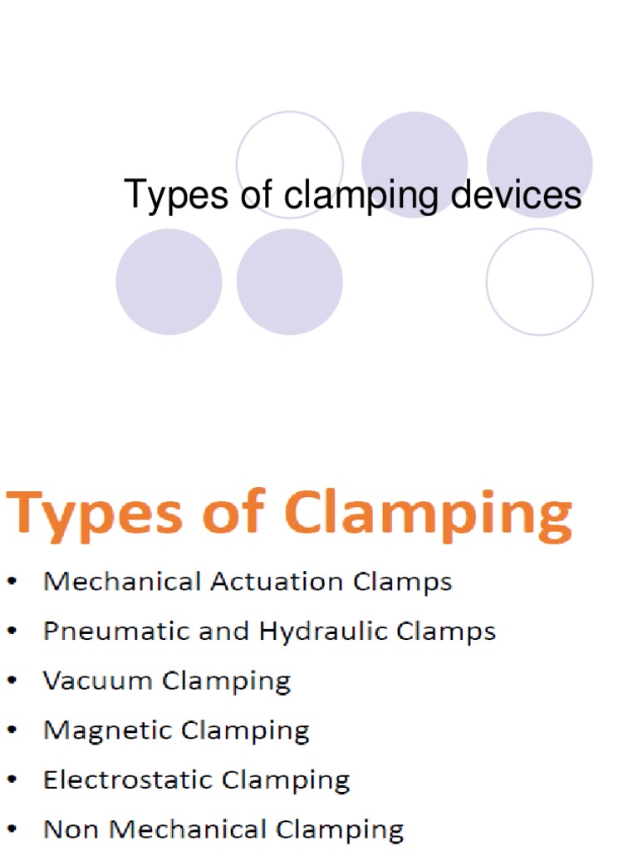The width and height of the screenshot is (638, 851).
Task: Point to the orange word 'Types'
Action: pos(95,514)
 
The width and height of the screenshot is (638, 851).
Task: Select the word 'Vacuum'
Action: pos(98,681)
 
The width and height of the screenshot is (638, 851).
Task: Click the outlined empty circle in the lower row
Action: pos(539,282)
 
